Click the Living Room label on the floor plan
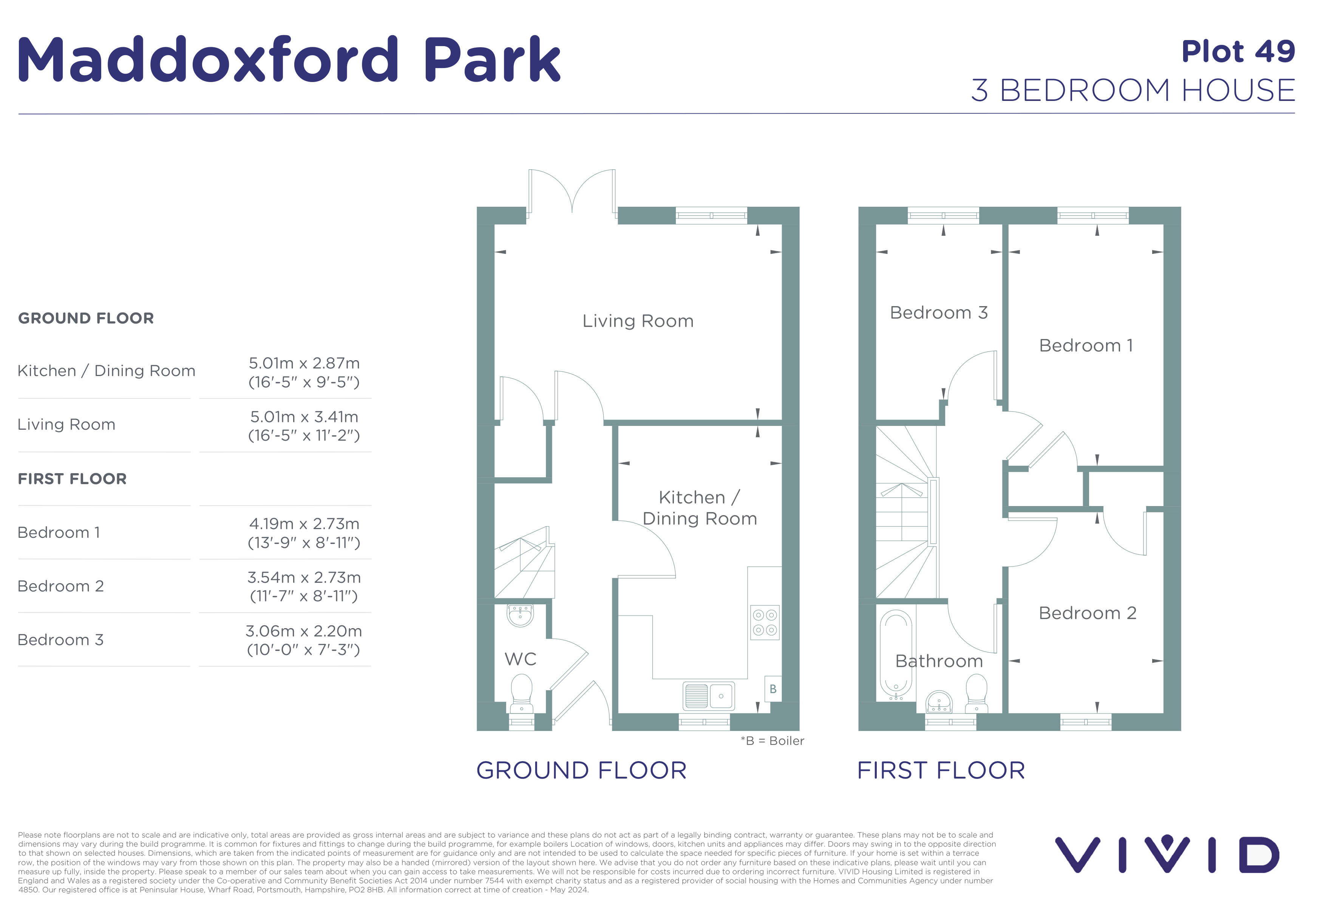pyautogui.click(x=638, y=321)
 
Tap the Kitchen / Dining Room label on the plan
pyautogui.click(x=700, y=508)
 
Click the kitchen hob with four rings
pyautogui.click(x=765, y=622)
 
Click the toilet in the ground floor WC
pyautogui.click(x=522, y=693)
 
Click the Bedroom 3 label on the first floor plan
pyautogui.click(x=939, y=313)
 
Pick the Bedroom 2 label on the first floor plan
pyautogui.click(x=1088, y=613)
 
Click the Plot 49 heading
pyautogui.click(x=1239, y=52)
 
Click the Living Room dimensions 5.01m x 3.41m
pyautogui.click(x=304, y=426)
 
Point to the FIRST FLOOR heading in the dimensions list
pyautogui.click(x=72, y=479)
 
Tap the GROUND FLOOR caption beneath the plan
pyautogui.click(x=581, y=771)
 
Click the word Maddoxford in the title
pyautogui.click(x=208, y=59)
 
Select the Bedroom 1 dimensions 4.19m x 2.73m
pyautogui.click(x=304, y=533)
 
